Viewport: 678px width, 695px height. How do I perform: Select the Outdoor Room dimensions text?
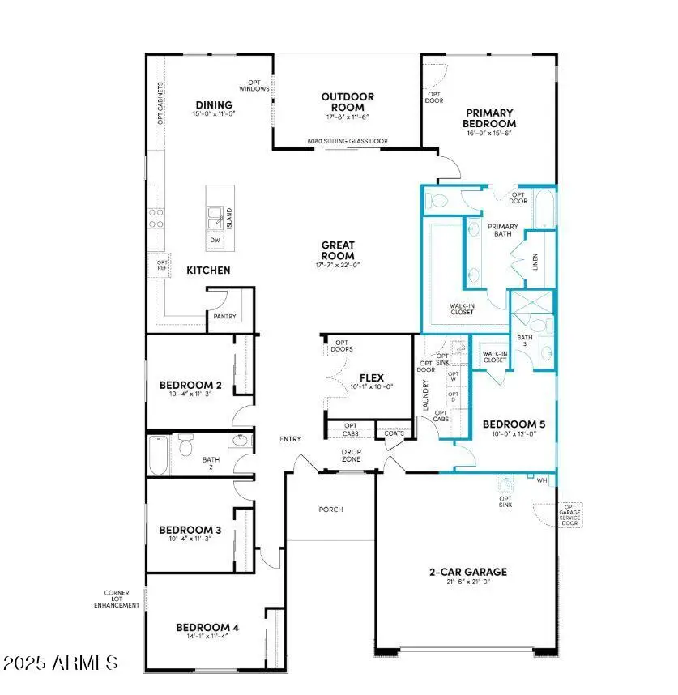pos(347,118)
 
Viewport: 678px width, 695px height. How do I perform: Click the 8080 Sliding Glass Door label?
pos(347,142)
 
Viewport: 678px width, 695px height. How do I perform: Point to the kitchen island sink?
pos(215,215)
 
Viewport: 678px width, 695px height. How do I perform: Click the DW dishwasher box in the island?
pos(215,240)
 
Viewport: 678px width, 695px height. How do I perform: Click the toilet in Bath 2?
pos(186,447)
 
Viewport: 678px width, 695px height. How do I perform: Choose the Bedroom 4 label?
pos(207,627)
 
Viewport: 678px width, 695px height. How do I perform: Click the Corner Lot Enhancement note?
pos(116,599)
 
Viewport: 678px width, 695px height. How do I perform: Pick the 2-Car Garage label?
pos(468,572)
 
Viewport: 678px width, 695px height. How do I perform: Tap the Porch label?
pos(330,510)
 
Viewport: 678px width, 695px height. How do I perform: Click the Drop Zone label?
pos(351,455)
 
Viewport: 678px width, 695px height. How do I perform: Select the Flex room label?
pos(371,377)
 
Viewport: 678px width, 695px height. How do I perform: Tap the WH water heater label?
pos(542,480)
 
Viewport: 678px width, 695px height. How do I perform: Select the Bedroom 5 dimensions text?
pos(509,435)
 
